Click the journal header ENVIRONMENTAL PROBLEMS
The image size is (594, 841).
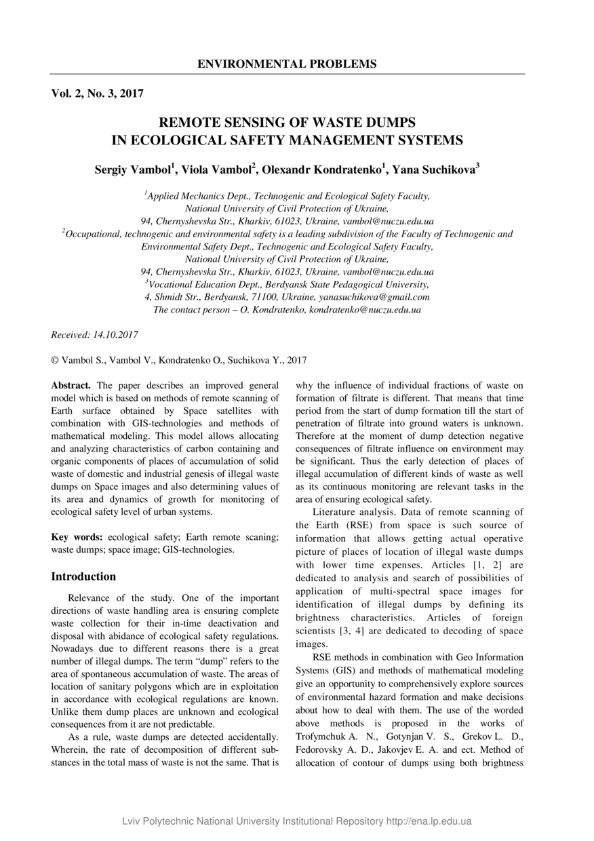[287, 64]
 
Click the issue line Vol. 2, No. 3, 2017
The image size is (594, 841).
[97, 94]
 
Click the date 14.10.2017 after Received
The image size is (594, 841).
[116, 335]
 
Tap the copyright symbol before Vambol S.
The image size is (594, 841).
[55, 361]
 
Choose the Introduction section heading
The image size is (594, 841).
[83, 576]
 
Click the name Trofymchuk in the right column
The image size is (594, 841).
[323, 736]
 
